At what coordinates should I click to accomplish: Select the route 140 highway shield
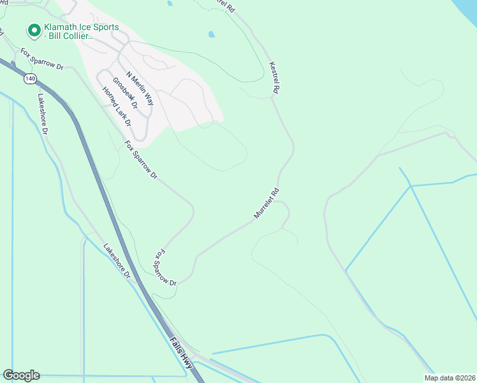coord(30,78)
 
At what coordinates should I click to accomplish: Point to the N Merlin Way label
coord(140,88)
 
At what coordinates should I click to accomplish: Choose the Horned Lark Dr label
coord(116,105)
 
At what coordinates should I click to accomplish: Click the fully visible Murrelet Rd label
coord(267,204)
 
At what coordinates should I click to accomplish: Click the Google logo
coord(21,375)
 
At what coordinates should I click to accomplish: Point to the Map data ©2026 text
coord(450,378)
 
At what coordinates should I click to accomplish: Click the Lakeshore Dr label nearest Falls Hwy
coord(117,261)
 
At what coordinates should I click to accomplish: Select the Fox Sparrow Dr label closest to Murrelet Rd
coord(165,267)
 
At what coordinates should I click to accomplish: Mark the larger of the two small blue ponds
coord(211,34)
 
